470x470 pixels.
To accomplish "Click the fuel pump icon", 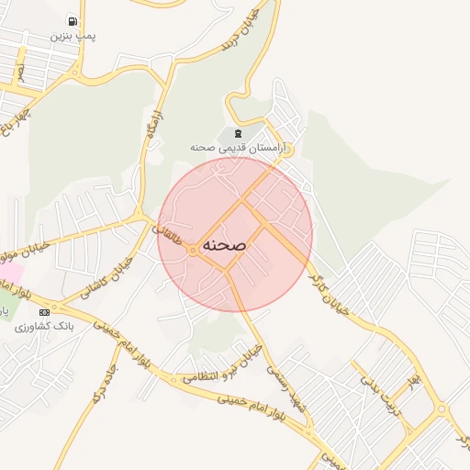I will tap(72, 20).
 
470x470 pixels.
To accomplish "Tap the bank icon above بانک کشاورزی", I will tap(45, 312).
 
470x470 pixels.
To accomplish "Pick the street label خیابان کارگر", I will tap(330, 293).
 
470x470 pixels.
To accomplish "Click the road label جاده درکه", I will tap(99, 386).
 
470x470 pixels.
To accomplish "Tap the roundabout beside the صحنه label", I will tap(192, 250).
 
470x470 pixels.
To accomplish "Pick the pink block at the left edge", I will tap(9, 273).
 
